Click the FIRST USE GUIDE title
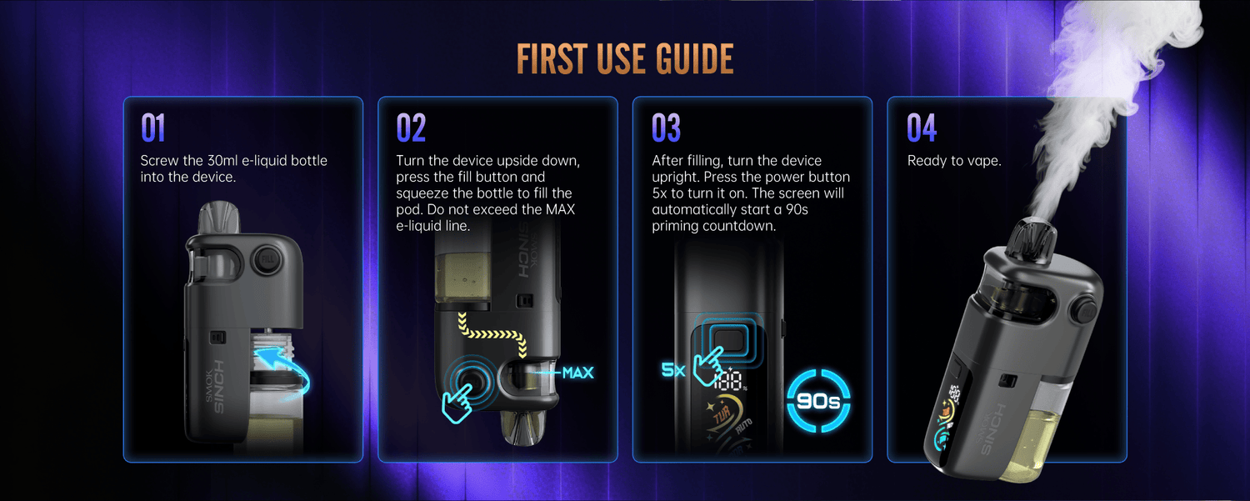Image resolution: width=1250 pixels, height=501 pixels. tap(625, 58)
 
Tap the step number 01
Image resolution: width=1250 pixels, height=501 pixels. tap(152, 128)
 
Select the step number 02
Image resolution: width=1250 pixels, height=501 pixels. tap(411, 128)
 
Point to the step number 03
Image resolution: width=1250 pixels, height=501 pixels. tap(667, 128)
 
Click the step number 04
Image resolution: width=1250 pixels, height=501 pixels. tap(922, 128)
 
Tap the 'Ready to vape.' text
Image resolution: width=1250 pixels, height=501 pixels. tap(954, 161)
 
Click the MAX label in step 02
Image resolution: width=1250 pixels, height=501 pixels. tap(577, 373)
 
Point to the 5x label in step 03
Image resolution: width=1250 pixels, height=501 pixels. tap(673, 370)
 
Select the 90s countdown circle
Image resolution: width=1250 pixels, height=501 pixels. tap(818, 400)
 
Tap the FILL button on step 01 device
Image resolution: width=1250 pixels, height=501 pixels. tap(267, 260)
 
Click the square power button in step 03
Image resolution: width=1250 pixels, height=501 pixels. tap(729, 340)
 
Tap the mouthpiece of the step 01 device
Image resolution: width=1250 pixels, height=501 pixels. tap(219, 218)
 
